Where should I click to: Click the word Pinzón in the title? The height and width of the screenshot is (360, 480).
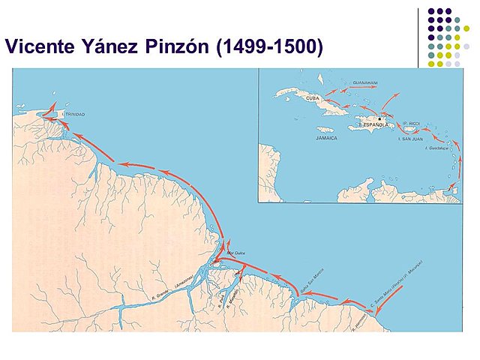169,47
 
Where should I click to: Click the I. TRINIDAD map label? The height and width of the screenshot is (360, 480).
73,114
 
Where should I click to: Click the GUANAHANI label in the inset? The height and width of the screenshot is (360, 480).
365,82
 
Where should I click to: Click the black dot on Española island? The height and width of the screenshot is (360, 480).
380,118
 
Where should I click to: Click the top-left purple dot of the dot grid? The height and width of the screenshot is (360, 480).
432,11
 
